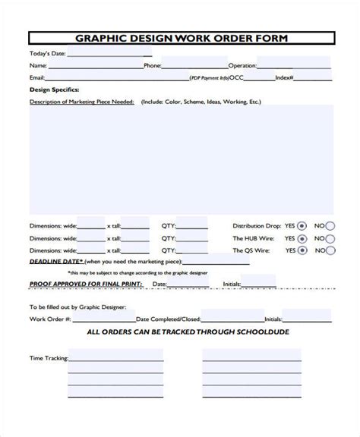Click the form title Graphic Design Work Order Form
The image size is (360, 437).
180,39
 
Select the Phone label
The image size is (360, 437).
153,66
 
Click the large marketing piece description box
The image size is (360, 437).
181,159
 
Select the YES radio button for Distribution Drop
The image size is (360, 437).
302,225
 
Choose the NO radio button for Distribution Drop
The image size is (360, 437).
330,225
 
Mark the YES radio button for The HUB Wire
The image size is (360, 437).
302,237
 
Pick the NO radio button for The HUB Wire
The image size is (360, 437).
330,237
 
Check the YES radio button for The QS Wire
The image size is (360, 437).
302,250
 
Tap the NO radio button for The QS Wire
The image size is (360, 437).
330,250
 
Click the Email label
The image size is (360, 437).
37,77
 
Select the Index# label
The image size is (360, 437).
285,77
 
